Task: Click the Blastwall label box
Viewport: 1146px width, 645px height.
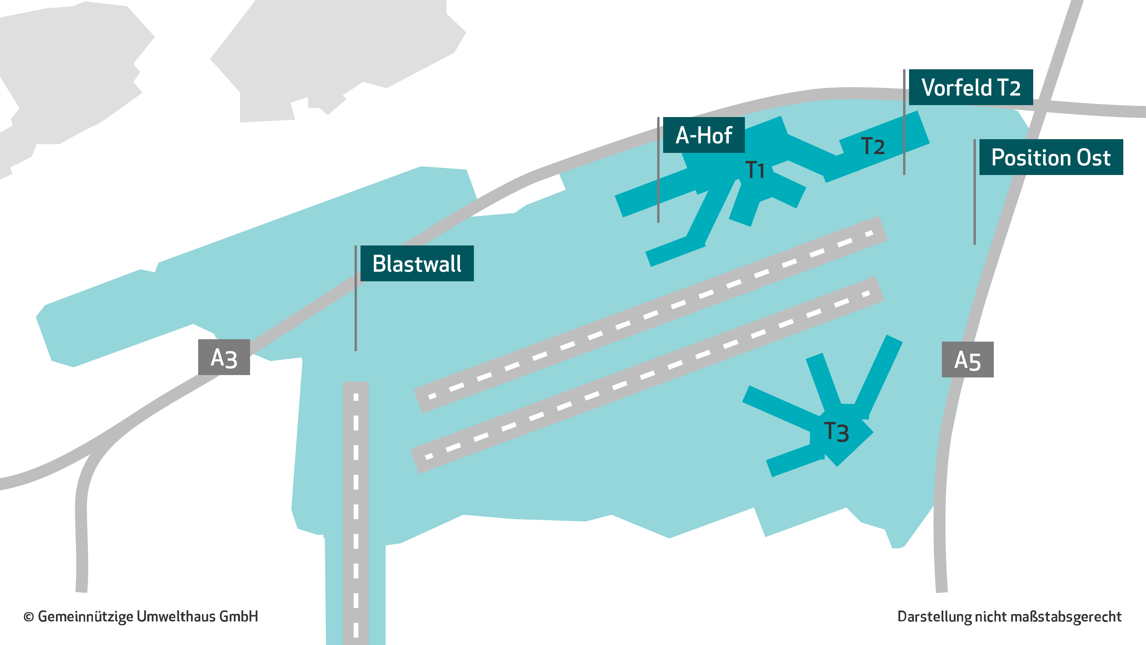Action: pos(417,263)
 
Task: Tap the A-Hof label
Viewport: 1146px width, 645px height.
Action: pos(704,135)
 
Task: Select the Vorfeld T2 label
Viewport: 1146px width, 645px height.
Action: pos(971,87)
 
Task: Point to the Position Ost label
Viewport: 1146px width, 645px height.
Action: pos(1051,157)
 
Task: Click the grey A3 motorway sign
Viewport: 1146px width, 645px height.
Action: pos(224,357)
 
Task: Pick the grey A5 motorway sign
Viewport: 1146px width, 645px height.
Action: pos(968,360)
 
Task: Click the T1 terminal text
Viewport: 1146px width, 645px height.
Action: pos(755,170)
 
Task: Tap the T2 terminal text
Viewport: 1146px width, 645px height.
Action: pos(873,146)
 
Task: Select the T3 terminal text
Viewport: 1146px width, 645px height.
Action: pos(836,432)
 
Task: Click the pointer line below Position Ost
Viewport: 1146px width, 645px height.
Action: pos(975,192)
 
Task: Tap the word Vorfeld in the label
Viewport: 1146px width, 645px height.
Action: pos(956,87)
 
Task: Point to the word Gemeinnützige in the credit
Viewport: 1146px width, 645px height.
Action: pos(86,617)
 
